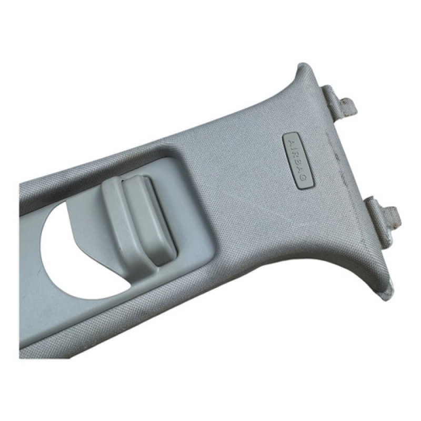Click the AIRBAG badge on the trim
(298, 161)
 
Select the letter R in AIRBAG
(295, 155)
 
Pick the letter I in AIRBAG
(292, 149)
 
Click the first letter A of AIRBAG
(290, 143)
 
